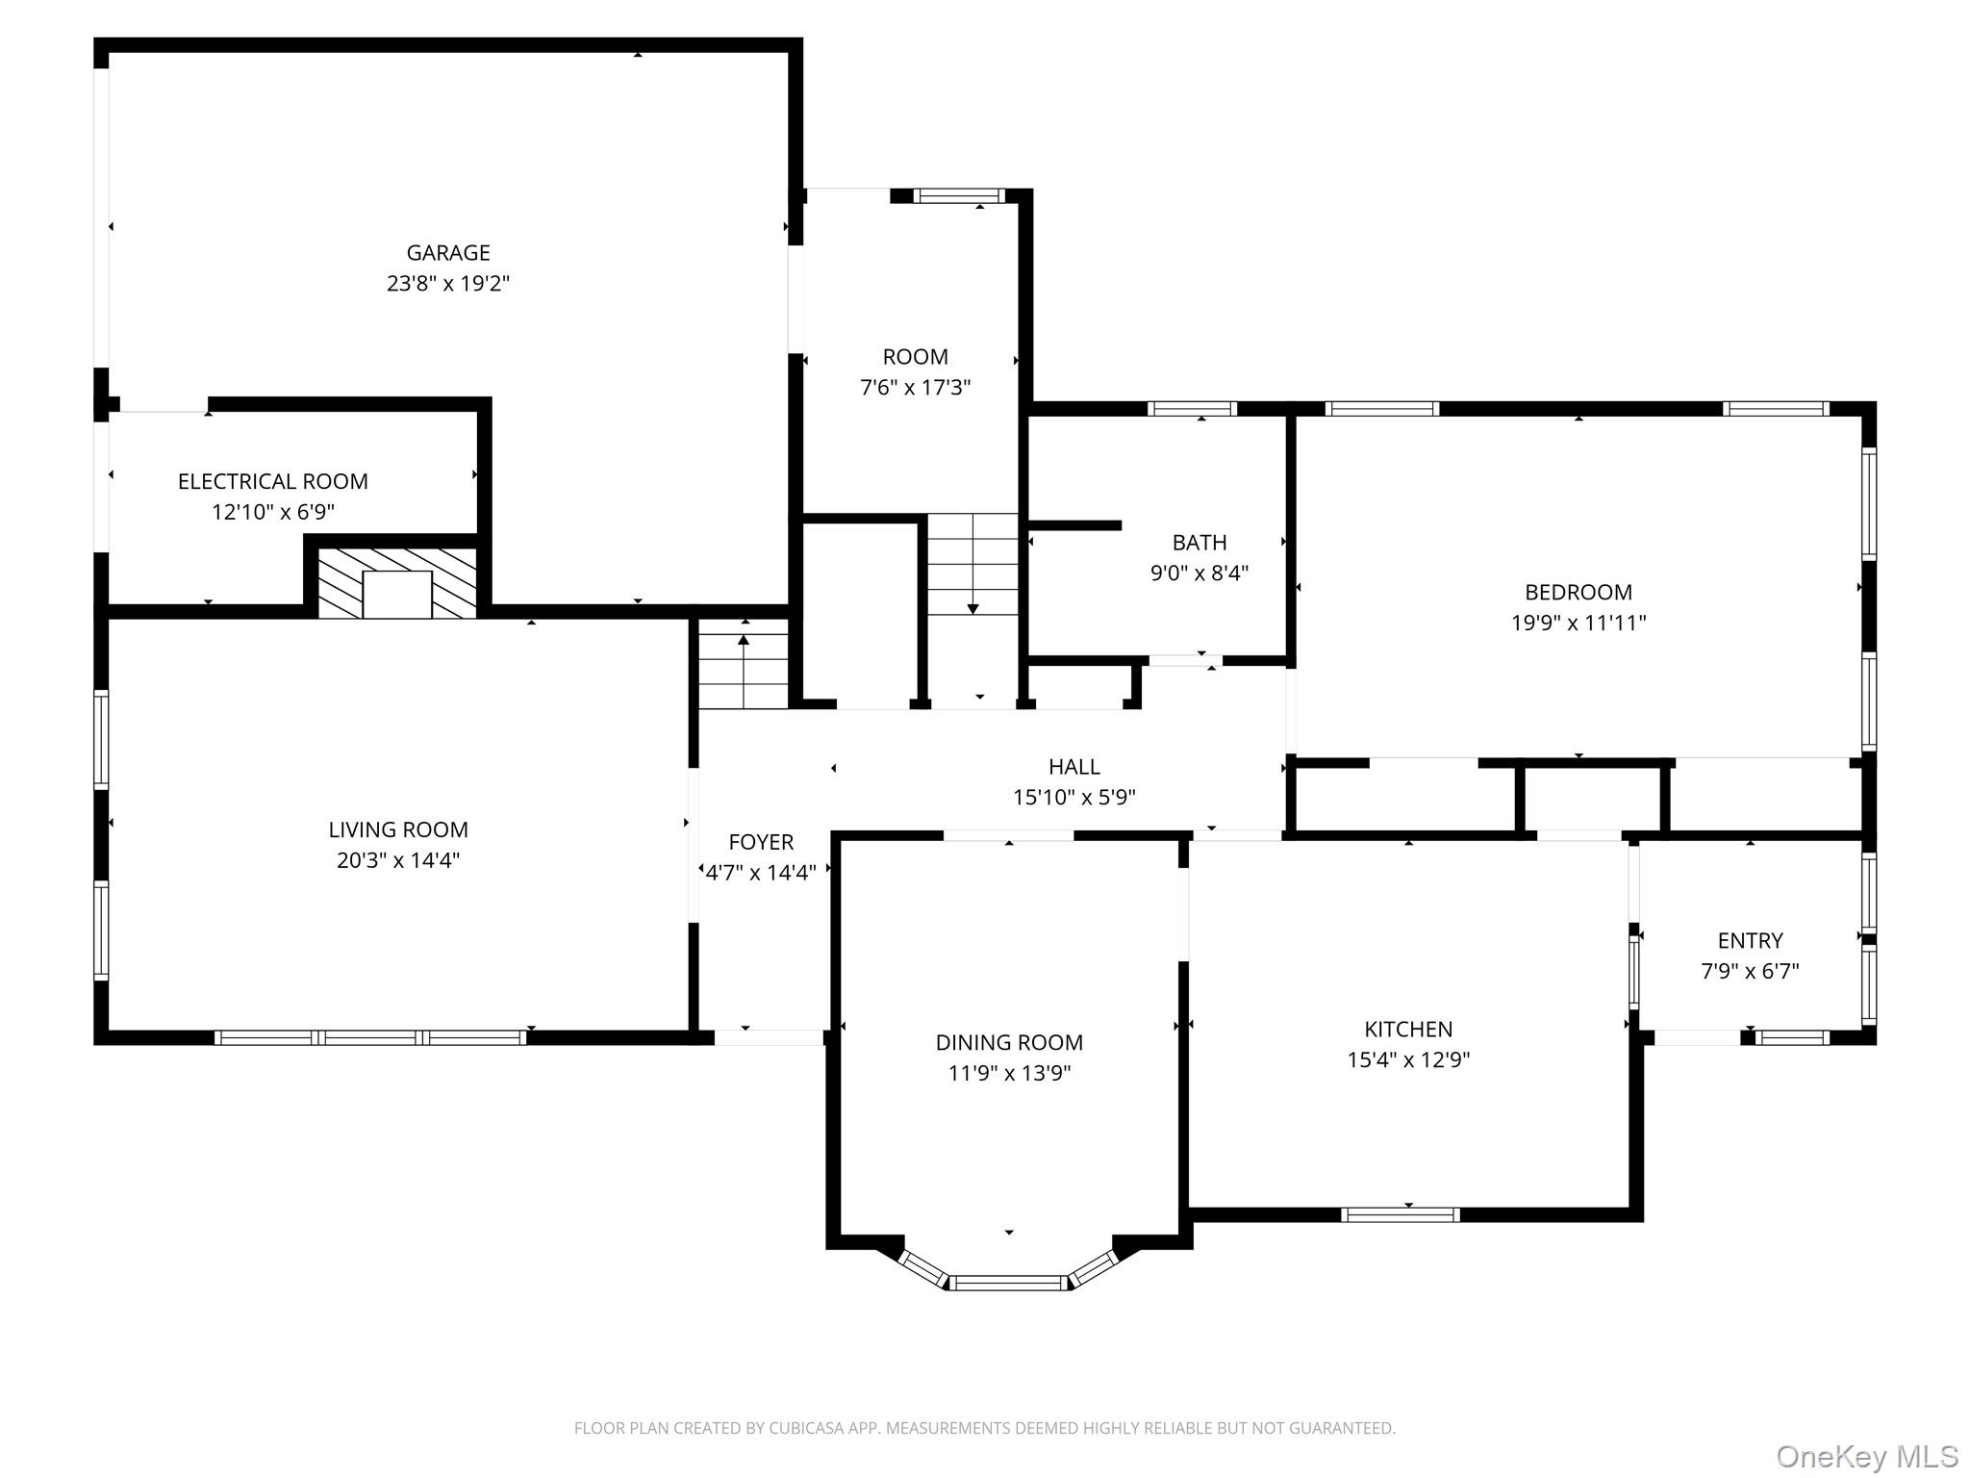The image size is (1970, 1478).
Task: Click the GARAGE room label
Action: point(448,253)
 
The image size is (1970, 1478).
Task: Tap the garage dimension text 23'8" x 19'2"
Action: point(448,284)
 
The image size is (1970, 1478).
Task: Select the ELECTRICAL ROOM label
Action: point(273,481)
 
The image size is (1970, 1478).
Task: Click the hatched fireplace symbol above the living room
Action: point(397,583)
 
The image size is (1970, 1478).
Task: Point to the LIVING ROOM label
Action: point(398,829)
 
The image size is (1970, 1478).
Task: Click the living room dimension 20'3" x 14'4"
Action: point(398,860)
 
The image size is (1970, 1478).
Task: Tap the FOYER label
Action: point(761,842)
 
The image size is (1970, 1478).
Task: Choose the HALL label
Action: point(1074,767)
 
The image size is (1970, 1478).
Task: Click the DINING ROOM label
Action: point(1009,1042)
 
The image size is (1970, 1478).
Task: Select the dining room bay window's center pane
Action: point(1009,1282)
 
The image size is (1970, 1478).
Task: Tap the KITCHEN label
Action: point(1408,1029)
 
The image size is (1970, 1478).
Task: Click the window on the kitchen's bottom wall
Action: point(1401,1214)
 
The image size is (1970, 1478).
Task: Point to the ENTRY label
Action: point(1751,940)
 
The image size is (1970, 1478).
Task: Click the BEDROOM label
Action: point(1579,592)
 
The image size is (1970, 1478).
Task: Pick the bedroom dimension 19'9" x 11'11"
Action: point(1579,623)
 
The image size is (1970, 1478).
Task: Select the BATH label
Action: point(1200,543)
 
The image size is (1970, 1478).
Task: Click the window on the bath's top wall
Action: point(1193,409)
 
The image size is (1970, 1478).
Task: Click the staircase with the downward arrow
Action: point(972,564)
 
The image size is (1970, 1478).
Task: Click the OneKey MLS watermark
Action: point(1867,1456)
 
